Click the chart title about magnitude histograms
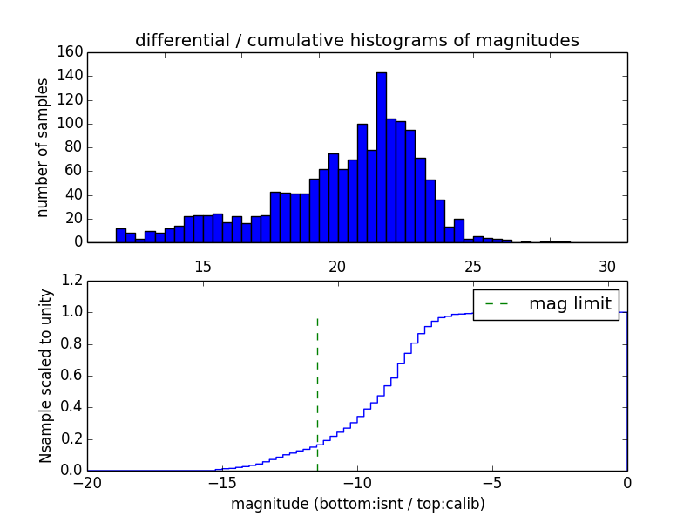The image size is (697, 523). click(356, 40)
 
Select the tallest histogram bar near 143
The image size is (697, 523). click(381, 157)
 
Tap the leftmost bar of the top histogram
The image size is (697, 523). click(120, 235)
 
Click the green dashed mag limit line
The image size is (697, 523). click(317, 392)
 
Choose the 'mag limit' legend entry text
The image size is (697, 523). click(570, 304)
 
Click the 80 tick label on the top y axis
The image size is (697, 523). click(73, 147)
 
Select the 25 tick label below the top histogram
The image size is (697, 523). click(472, 266)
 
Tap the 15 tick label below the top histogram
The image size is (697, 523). click(202, 266)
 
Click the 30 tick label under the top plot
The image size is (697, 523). click(607, 266)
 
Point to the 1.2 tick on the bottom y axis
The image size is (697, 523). click(71, 281)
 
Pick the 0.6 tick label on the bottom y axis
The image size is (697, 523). click(71, 376)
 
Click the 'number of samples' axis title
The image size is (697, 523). click(43, 147)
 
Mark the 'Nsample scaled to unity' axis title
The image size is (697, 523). click(45, 376)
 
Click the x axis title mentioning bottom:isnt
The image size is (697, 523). click(357, 504)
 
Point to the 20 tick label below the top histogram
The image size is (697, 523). click(337, 266)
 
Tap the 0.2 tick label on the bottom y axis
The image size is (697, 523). click(71, 439)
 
